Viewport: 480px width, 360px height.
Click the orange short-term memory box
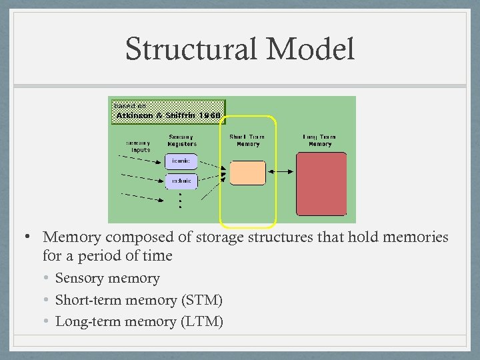247,173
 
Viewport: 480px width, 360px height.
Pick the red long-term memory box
321,184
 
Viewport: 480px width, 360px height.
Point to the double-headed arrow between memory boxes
280,173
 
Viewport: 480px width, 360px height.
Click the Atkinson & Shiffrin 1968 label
169,115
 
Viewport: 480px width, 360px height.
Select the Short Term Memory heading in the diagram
247,141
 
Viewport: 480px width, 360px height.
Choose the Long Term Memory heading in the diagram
320,141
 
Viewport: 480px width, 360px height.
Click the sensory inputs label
138,146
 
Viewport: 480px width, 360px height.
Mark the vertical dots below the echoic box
179,199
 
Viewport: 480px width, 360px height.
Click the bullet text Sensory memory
107,278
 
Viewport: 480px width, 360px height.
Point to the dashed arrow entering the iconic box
144,160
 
